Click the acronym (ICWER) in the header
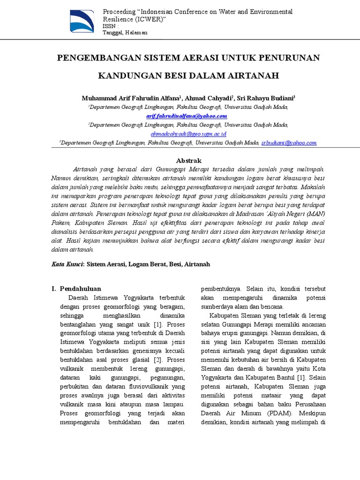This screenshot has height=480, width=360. [x=150, y=20]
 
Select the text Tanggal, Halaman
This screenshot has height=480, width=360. [x=125, y=32]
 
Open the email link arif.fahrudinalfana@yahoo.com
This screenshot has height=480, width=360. [x=187, y=116]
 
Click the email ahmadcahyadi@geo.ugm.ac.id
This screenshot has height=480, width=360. [x=187, y=134]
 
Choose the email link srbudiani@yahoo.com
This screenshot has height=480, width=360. [x=289, y=142]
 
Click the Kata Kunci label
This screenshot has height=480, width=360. [x=68, y=264]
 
